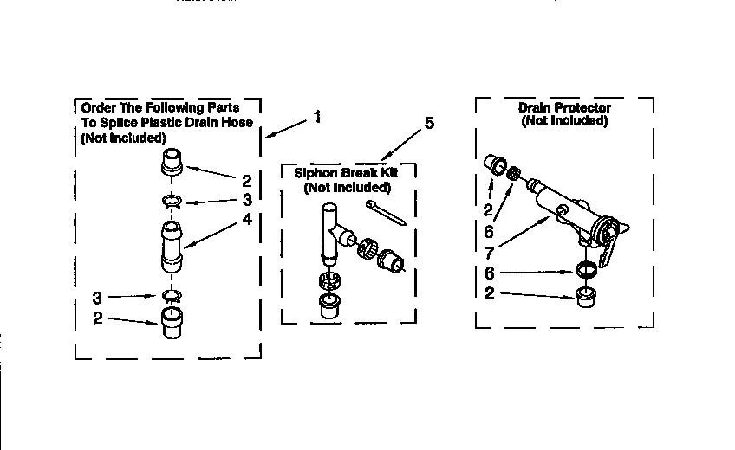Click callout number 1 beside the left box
(x=317, y=117)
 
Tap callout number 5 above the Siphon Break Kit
(x=428, y=123)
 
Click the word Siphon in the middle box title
(x=314, y=173)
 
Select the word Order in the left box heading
(x=97, y=109)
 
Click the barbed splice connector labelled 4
(x=172, y=247)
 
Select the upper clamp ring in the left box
(x=172, y=202)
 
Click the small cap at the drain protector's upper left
(x=495, y=164)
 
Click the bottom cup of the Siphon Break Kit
(x=330, y=306)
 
